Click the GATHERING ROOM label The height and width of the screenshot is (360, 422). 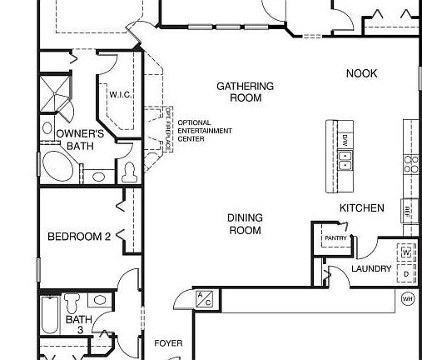point(245,92)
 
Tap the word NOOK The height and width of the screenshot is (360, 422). point(361,74)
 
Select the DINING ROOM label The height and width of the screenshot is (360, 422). point(245,223)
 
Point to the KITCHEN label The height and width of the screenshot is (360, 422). point(361,207)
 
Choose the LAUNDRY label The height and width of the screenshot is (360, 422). point(370,268)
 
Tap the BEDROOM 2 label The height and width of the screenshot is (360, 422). point(79,237)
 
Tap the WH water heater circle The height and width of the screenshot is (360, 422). point(408,298)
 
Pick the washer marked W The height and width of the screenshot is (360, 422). point(406,251)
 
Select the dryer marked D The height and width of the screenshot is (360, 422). point(406,272)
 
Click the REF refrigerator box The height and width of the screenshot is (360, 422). point(408,211)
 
